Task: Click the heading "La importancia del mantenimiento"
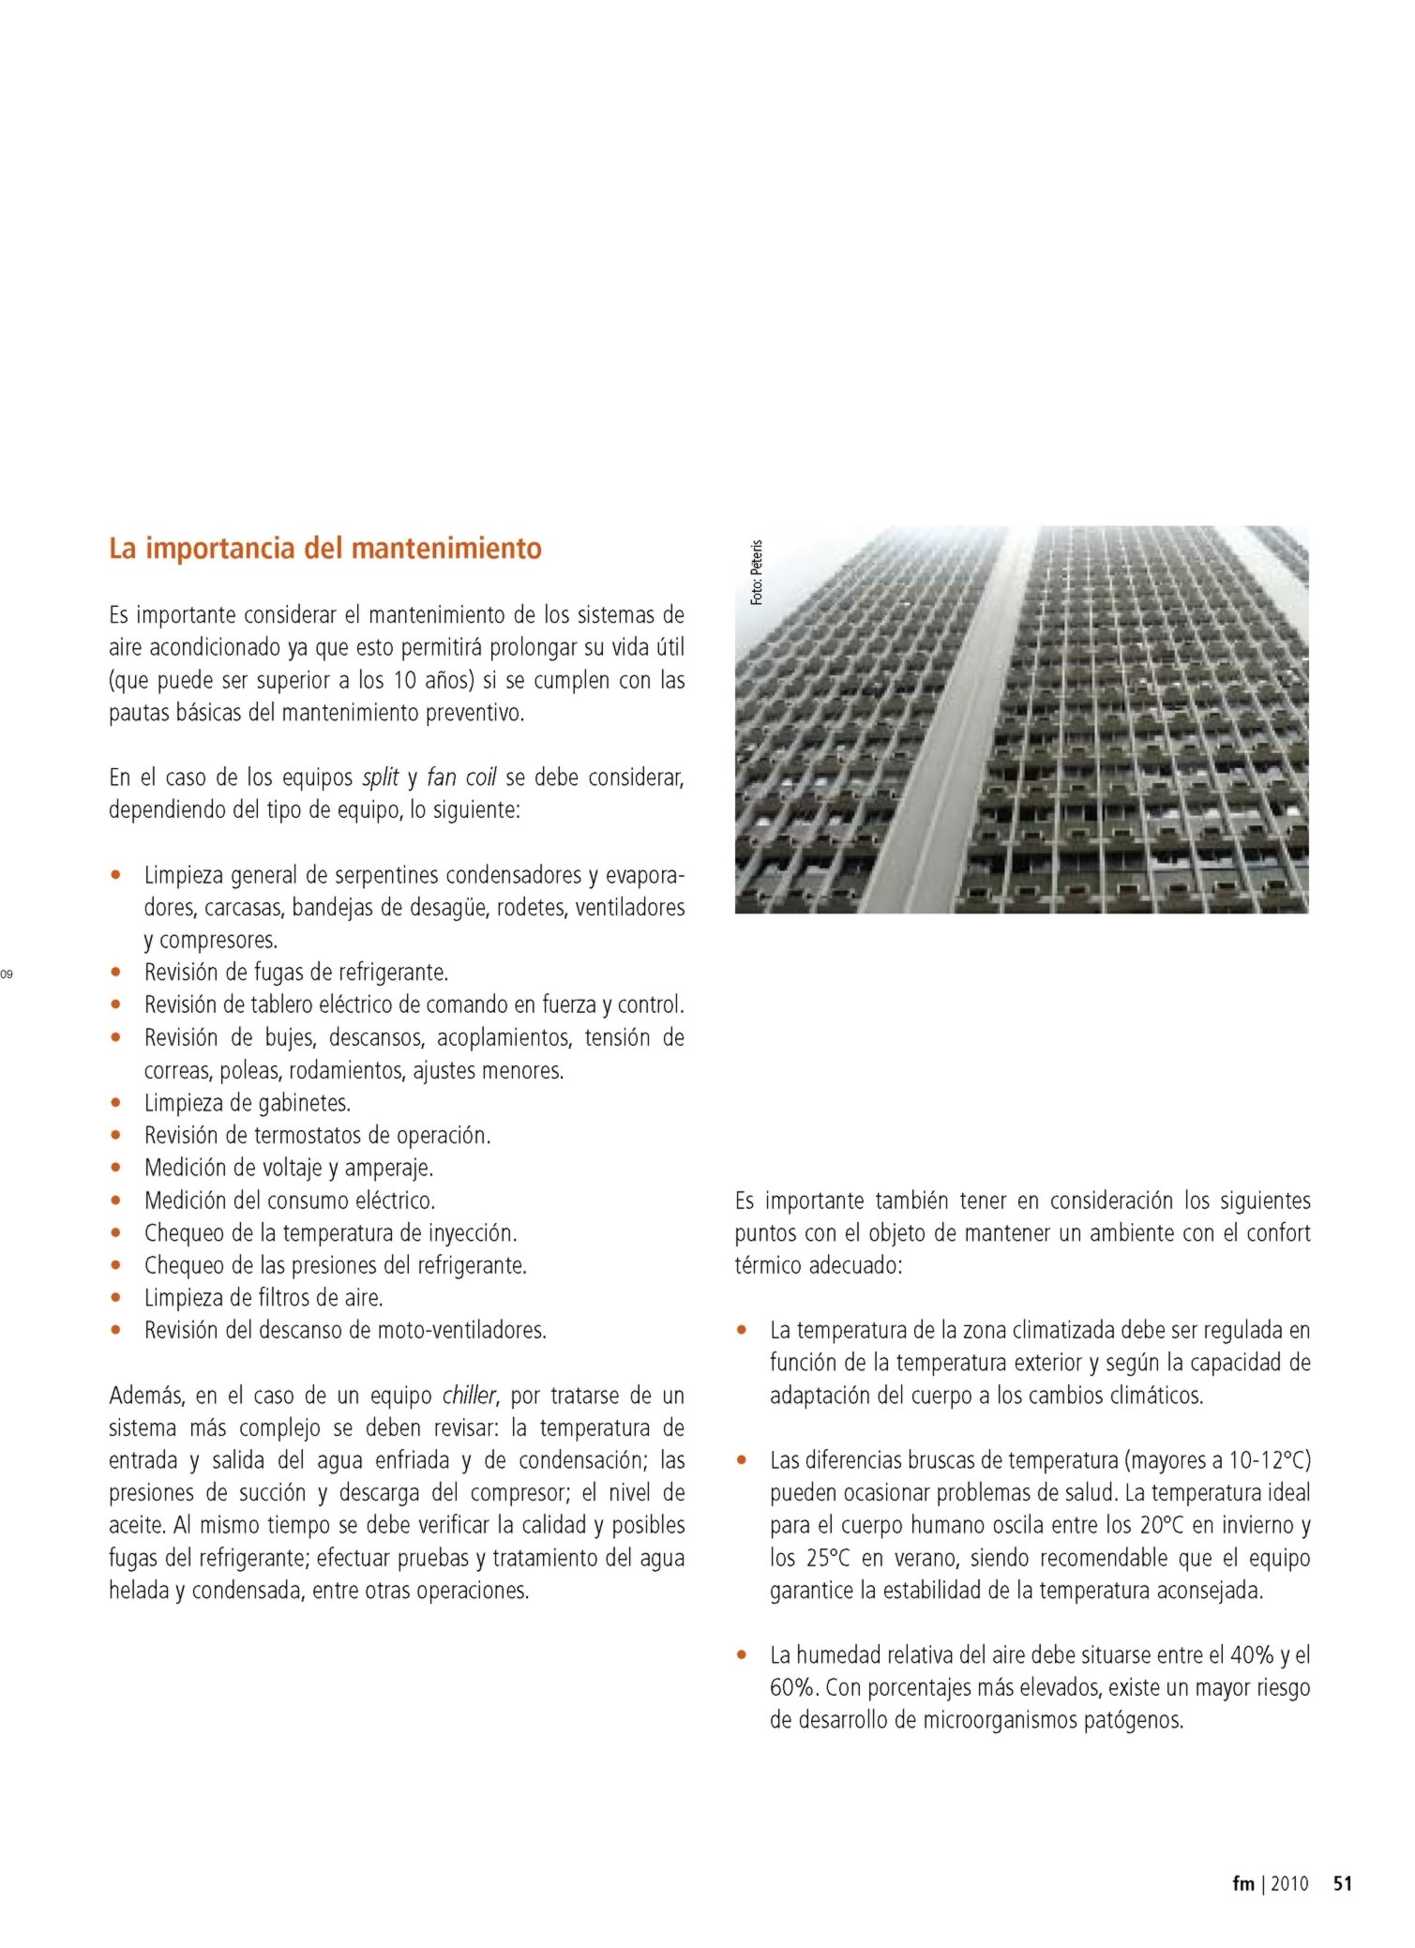coord(324,548)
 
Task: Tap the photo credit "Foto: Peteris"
coord(757,571)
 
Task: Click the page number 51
coord(1342,1883)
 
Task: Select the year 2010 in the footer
coord(1288,1883)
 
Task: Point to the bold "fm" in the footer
coord(1242,1883)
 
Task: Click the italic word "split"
coord(380,778)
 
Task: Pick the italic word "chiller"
coord(469,1396)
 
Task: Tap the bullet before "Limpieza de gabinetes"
coord(115,1103)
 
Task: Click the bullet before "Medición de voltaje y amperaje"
coord(115,1169)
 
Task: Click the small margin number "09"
coord(7,974)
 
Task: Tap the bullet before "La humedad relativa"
coord(742,1655)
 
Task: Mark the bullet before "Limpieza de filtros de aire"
coord(115,1298)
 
